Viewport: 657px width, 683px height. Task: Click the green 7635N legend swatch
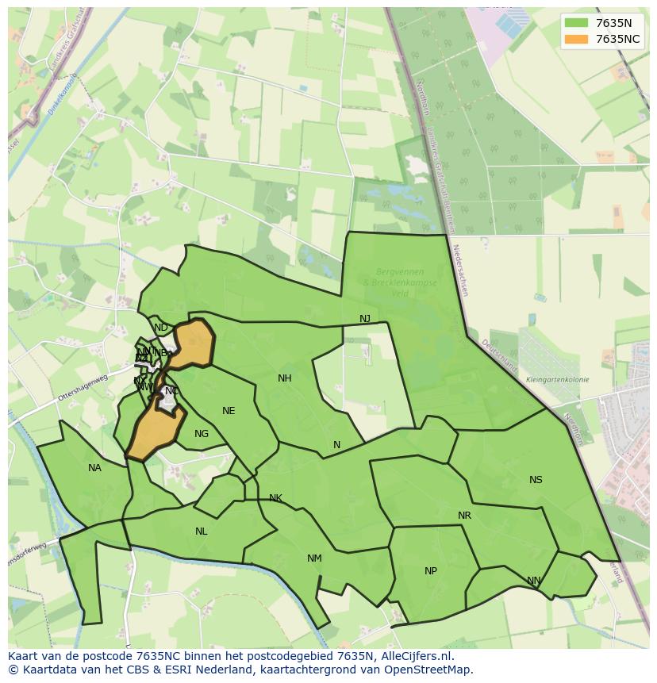(576, 23)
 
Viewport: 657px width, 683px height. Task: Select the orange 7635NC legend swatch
(576, 39)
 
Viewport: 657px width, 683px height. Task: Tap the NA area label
(95, 468)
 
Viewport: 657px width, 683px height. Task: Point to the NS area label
(536, 480)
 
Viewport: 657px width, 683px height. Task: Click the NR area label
(464, 516)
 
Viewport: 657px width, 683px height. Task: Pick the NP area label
(431, 571)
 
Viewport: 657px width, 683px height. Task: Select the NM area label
(314, 558)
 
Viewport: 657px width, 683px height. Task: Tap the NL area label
(202, 531)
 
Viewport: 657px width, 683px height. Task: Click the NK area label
(275, 498)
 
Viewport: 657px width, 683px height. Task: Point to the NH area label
(285, 378)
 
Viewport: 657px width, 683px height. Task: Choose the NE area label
(229, 411)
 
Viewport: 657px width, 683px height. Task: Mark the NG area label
(202, 434)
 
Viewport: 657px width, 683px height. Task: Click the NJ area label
(365, 319)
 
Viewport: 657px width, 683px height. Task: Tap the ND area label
(161, 328)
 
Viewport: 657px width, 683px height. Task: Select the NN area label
(534, 581)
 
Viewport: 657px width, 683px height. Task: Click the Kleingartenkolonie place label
(557, 380)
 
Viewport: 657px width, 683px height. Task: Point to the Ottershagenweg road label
(83, 386)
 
